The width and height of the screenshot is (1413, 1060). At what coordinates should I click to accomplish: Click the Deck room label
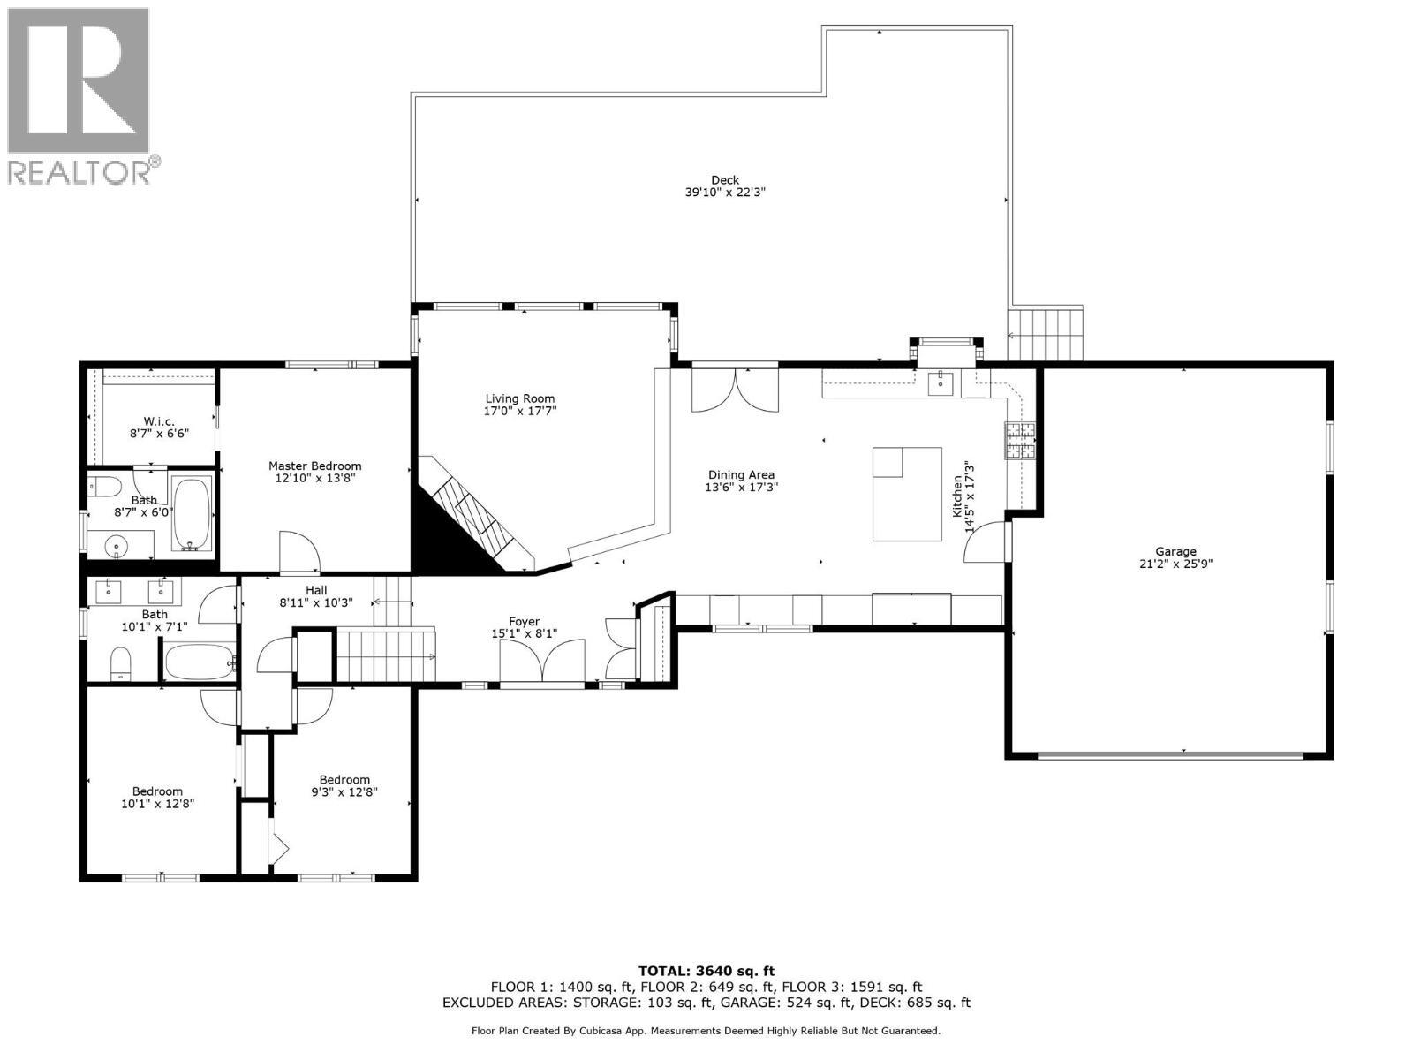tap(724, 180)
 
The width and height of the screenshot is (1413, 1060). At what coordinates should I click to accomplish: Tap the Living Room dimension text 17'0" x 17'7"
tap(520, 411)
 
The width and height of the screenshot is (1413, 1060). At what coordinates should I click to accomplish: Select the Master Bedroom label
tap(314, 466)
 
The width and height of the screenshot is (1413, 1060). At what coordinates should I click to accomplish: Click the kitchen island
tap(907, 494)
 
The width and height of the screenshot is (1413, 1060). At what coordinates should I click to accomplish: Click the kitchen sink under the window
tap(941, 382)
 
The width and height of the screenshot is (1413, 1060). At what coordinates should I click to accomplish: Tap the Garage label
tap(1175, 551)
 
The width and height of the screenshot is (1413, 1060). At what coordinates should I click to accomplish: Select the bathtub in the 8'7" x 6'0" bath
tap(192, 513)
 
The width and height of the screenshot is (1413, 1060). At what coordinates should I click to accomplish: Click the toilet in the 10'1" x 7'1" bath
tap(121, 662)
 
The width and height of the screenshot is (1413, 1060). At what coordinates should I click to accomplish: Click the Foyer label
tap(524, 622)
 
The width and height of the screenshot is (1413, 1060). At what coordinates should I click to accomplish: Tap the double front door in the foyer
tap(541, 662)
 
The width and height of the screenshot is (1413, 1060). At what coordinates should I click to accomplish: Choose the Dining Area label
tap(740, 474)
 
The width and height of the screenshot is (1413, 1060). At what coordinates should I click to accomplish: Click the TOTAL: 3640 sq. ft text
tap(706, 971)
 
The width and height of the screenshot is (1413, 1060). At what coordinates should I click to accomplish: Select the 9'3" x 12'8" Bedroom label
tap(344, 779)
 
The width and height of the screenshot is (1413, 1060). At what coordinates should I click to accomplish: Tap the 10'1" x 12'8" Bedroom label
tap(157, 791)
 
